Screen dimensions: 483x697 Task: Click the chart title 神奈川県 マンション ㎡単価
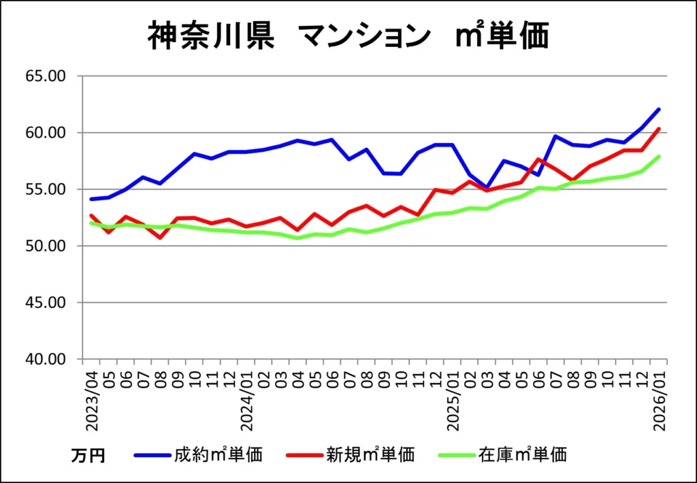tap(348, 36)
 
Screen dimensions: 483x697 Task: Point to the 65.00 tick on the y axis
tap(46, 76)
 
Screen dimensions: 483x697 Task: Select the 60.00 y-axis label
tap(46, 133)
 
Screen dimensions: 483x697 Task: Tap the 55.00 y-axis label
tap(46, 189)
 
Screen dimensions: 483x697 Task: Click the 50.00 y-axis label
tap(46, 246)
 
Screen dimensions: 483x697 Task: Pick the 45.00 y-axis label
tap(46, 302)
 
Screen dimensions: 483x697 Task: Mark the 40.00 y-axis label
tap(46, 359)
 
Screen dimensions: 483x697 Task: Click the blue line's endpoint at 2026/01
tap(658, 109)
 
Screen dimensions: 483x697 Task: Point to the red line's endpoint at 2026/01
tap(658, 129)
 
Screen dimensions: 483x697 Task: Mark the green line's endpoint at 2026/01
tap(658, 157)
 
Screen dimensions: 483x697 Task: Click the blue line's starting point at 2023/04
tap(91, 199)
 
